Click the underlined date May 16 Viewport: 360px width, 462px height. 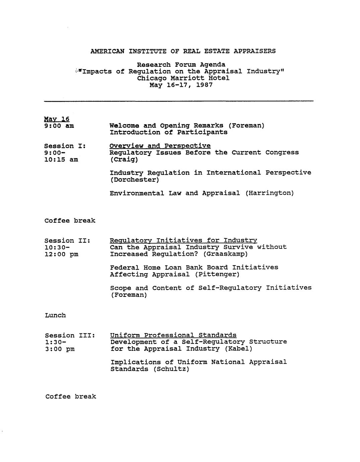[x=57, y=119]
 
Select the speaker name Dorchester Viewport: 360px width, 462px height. [x=134, y=180]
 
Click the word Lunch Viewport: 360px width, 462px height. [x=55, y=315]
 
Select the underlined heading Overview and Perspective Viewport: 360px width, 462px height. [x=160, y=146]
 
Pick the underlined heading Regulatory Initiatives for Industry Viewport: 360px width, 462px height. [x=184, y=240]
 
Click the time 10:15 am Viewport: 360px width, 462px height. [x=61, y=160]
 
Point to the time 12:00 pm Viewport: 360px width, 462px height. [x=61, y=254]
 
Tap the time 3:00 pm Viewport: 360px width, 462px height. [x=60, y=349]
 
